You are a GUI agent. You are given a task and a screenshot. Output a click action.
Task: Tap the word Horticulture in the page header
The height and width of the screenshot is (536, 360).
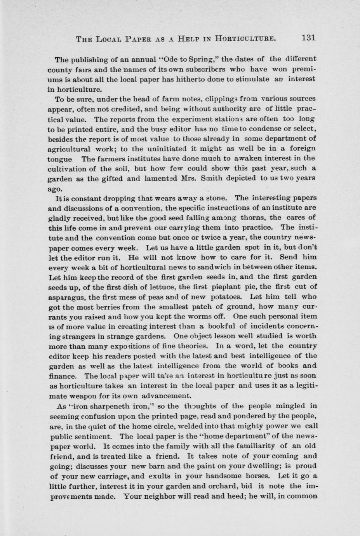[x=246, y=38]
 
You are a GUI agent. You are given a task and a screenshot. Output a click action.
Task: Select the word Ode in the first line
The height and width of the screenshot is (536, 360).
[x=170, y=60]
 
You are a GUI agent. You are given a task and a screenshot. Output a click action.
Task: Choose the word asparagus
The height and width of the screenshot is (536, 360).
[x=68, y=297]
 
